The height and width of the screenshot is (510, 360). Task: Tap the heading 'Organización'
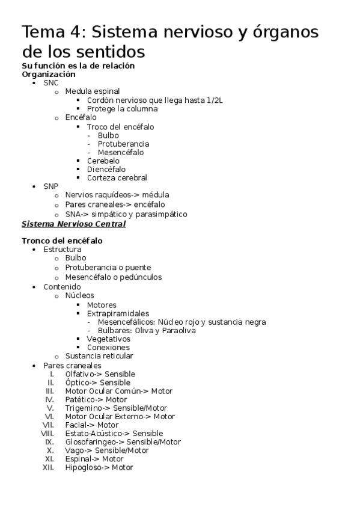49,74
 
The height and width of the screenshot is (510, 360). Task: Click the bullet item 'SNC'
51,83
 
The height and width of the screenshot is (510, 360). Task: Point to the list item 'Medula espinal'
92,91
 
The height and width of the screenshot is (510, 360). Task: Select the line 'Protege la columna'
122,109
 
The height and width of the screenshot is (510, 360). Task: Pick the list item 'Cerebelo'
103,161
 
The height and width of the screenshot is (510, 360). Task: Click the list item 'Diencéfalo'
106,169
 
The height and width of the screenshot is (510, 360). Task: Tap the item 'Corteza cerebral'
117,177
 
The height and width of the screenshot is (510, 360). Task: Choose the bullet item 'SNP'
51,186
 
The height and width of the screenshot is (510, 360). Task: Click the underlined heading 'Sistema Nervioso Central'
73,224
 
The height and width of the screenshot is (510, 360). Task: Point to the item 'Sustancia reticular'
99,355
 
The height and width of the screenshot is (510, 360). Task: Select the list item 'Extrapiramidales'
118,313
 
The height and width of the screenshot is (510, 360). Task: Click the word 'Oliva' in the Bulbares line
148,330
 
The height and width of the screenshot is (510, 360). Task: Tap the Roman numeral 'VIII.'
47,433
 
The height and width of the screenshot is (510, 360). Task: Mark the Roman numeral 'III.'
50,391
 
